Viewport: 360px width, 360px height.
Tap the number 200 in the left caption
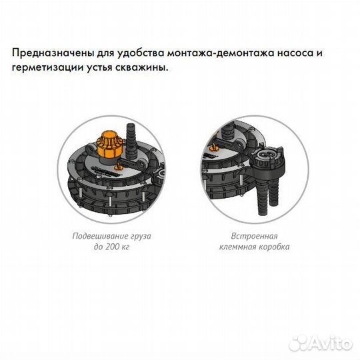[111, 247]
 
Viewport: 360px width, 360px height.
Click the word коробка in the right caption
[274, 247]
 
